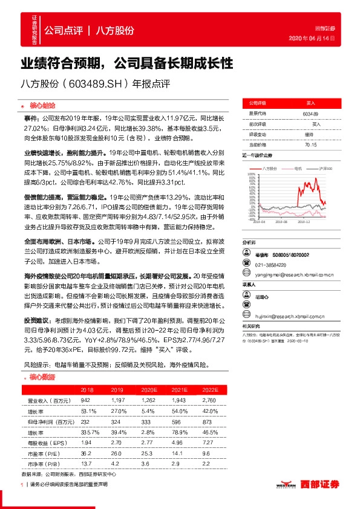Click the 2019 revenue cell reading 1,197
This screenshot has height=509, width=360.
click(x=117, y=400)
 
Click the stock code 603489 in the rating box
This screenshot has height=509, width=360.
click(x=310, y=114)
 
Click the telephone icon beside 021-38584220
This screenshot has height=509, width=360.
click(x=247, y=247)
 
